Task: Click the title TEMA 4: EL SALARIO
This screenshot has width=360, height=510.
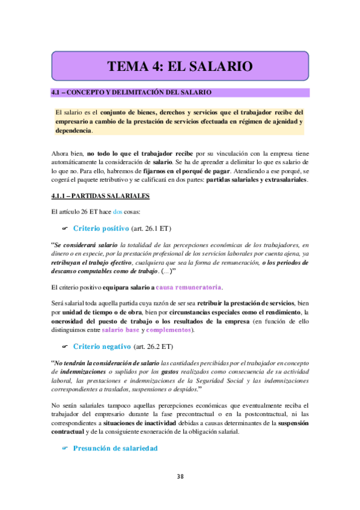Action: click(180, 66)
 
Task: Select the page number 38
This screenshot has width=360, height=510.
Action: click(180, 477)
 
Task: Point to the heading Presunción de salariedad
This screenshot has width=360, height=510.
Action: click(115, 448)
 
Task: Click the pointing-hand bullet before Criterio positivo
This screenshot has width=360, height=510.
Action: click(66, 229)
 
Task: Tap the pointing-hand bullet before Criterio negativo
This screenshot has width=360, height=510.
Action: click(66, 346)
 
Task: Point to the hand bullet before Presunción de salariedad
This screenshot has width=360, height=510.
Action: click(66, 448)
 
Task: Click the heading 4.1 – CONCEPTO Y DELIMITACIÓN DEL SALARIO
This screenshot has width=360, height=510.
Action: click(130, 93)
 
